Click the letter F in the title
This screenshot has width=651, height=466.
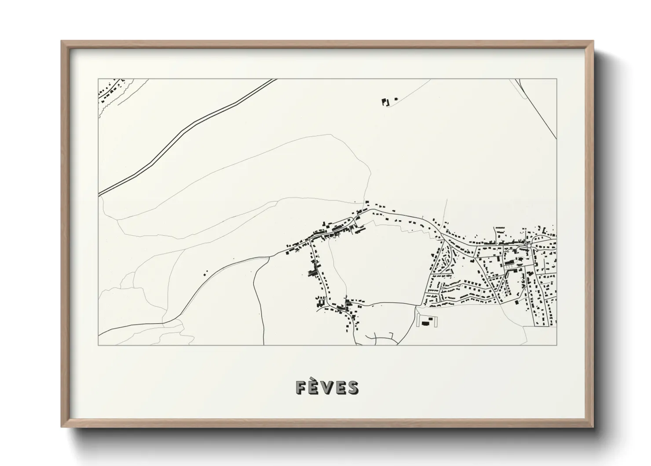tap(301, 387)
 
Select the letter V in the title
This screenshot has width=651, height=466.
tap(327, 387)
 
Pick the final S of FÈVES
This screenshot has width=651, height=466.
tap(353, 387)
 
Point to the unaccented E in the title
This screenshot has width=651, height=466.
tap(340, 387)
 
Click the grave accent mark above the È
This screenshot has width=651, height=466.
tap(314, 379)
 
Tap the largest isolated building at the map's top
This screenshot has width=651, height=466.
tap(386, 102)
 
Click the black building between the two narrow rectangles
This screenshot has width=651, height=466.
tap(425, 323)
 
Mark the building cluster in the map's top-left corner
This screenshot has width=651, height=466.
tap(110, 90)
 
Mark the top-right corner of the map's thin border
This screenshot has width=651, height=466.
tap(556, 79)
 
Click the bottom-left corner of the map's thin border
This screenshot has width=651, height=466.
tap(99, 345)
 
